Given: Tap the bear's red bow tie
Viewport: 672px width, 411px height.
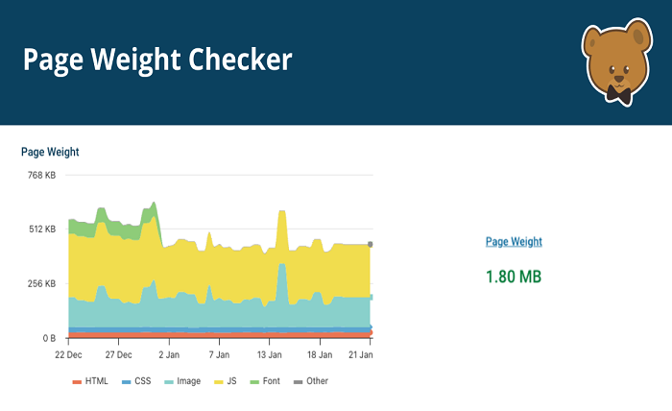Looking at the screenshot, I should click(x=618, y=94).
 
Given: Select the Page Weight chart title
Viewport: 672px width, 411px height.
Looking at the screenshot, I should click(x=50, y=152).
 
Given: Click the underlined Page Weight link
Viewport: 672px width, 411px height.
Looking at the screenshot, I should click(x=514, y=242).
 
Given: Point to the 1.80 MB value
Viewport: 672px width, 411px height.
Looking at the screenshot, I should click(x=514, y=277).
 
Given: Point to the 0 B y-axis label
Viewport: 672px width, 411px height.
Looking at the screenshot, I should click(x=47, y=339).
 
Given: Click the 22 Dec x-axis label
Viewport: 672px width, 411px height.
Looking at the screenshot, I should click(x=68, y=354).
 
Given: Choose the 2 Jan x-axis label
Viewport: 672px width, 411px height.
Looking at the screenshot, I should click(x=169, y=354).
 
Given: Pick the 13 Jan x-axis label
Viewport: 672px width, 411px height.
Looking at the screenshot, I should click(x=270, y=354).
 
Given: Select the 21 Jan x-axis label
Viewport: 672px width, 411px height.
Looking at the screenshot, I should click(x=359, y=354).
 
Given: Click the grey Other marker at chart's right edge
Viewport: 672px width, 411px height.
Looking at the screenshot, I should click(x=371, y=245).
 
